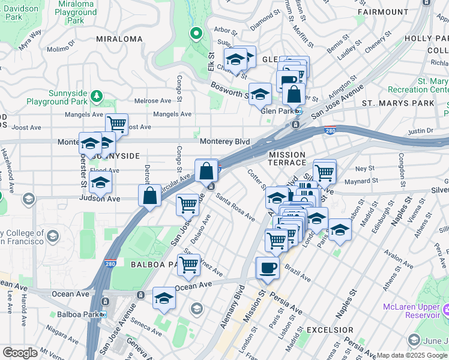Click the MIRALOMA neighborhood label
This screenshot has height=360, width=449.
tap(119, 39)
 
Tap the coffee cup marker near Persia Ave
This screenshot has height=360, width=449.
tap(267, 268)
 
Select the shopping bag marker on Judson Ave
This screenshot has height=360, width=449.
tap(149, 195)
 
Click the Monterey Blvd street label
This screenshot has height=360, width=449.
tap(224, 141)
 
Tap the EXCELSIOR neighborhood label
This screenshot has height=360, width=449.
tap(330, 330)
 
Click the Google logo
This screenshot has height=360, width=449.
tap(20, 353)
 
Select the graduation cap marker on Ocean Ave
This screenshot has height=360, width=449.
tap(164, 298)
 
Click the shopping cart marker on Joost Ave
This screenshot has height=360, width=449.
tap(116, 124)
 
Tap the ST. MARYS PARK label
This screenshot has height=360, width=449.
tap(398, 103)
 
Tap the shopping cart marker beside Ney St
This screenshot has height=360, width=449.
tap(324, 172)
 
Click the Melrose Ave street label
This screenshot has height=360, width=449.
tap(154, 101)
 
